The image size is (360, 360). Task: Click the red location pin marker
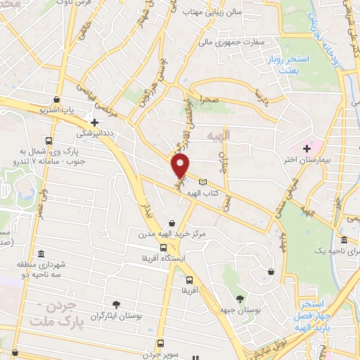pos(181,167)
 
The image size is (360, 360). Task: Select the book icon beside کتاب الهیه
pos(204,182)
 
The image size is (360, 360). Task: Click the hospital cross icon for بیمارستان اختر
pos(307,148)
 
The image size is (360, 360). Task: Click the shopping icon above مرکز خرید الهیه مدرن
pos(172,223)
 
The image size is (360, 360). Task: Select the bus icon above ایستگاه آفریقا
pos(163,248)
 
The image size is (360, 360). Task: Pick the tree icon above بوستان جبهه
pos(240,299)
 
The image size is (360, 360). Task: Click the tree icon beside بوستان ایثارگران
pos(116,304)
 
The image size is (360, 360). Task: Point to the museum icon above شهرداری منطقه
pos(41,253)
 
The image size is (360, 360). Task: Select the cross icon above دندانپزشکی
pos(94,122)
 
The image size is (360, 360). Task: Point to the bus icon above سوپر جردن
pos(162,344)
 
